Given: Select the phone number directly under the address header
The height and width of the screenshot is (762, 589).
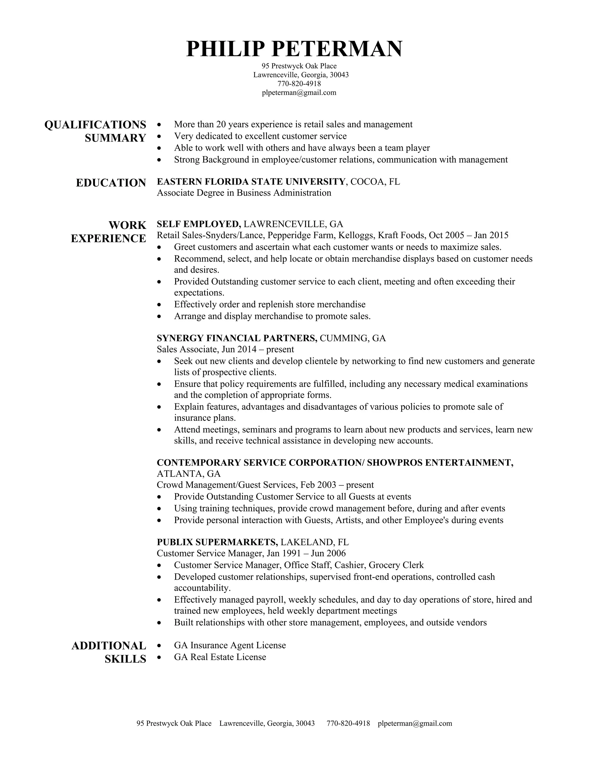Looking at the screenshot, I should coord(299,84).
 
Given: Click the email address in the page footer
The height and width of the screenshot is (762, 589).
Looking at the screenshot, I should coord(415,723).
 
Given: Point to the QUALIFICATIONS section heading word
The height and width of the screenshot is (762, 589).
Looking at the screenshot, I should coord(95,125).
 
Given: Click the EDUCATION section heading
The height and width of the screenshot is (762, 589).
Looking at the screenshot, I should coord(111,183).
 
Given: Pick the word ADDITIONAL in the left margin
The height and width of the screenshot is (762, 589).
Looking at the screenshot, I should coord(109,646).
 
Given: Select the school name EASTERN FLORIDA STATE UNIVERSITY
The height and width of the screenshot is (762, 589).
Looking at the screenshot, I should coord(251,181).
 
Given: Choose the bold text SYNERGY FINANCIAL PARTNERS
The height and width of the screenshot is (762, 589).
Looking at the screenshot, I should coord(237,338).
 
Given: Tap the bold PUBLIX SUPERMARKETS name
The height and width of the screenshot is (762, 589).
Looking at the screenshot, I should coord(217,542).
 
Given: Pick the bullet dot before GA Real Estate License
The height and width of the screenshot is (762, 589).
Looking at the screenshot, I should coord(159,657).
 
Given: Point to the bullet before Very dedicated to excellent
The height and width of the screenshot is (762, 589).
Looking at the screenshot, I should coord(159,136).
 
